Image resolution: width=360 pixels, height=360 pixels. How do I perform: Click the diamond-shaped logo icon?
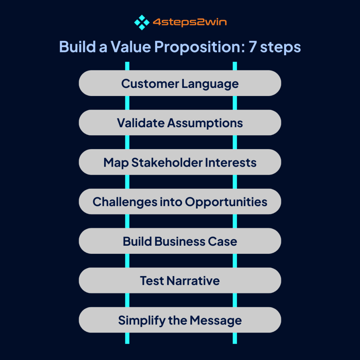click(x=142, y=22)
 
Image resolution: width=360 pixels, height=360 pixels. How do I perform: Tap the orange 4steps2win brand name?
click(x=189, y=22)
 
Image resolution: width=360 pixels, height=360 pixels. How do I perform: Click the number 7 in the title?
click(x=252, y=47)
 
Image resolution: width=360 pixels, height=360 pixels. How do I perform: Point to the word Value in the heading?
click(x=131, y=47)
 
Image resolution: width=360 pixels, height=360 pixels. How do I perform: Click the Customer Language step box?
click(x=180, y=83)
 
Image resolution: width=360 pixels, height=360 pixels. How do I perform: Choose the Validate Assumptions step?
click(x=180, y=123)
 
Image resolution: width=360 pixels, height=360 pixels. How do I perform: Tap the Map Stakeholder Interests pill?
click(x=180, y=162)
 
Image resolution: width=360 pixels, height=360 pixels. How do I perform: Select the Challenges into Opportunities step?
click(x=180, y=201)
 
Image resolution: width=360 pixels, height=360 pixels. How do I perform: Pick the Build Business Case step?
click(x=180, y=241)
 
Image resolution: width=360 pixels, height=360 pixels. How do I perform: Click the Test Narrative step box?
click(x=180, y=280)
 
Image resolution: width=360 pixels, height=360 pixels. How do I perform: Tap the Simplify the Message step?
click(x=180, y=320)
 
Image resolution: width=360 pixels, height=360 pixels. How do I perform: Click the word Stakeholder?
click(x=167, y=162)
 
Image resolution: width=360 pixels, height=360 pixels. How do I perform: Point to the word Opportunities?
click(x=226, y=202)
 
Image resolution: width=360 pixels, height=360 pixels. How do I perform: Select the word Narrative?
click(x=193, y=281)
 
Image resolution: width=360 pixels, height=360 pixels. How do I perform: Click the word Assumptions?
click(x=205, y=123)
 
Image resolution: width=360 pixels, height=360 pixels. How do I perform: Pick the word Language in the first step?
click(x=210, y=84)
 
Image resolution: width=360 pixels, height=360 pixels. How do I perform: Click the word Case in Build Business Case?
click(x=222, y=242)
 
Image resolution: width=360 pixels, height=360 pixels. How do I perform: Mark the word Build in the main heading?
click(x=77, y=47)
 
